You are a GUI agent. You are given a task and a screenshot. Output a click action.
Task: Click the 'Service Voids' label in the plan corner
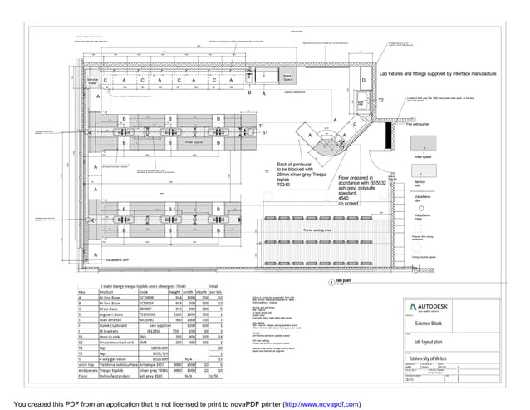(x=94, y=81)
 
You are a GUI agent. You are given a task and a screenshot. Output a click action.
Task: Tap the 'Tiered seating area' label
(x=317, y=229)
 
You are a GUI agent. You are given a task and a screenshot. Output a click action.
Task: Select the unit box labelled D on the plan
(x=363, y=81)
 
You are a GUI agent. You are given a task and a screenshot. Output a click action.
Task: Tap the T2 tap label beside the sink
(x=381, y=100)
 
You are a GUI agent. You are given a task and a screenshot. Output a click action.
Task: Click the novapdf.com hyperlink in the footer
(x=321, y=403)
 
